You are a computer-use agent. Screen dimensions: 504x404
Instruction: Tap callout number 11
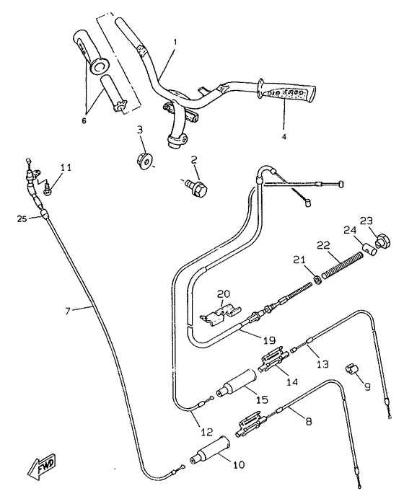[66, 167]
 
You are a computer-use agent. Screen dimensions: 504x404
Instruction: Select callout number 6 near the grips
[83, 120]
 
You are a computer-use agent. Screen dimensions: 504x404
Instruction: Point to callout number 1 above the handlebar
[175, 43]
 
